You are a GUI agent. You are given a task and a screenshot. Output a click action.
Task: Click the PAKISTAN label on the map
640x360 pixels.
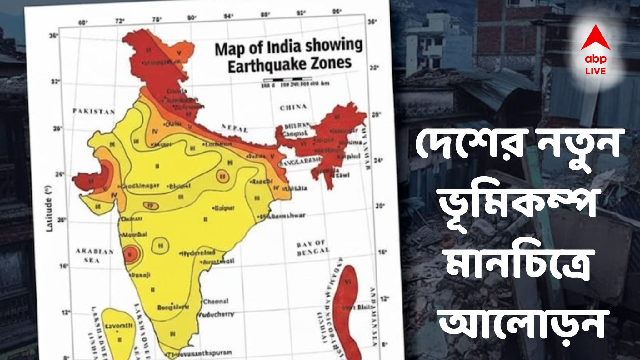[x=94, y=111]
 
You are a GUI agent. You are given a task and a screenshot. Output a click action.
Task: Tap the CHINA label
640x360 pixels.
[x=293, y=107]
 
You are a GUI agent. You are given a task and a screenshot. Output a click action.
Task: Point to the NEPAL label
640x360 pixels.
[x=235, y=128]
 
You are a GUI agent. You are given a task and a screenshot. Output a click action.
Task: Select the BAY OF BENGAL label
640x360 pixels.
[x=312, y=248]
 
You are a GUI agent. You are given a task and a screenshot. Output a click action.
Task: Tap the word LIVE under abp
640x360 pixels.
[x=595, y=71]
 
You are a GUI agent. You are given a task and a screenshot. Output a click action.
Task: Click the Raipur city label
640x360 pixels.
[x=224, y=208]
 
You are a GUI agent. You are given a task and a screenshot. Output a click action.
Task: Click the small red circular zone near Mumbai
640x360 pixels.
[x=131, y=254]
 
